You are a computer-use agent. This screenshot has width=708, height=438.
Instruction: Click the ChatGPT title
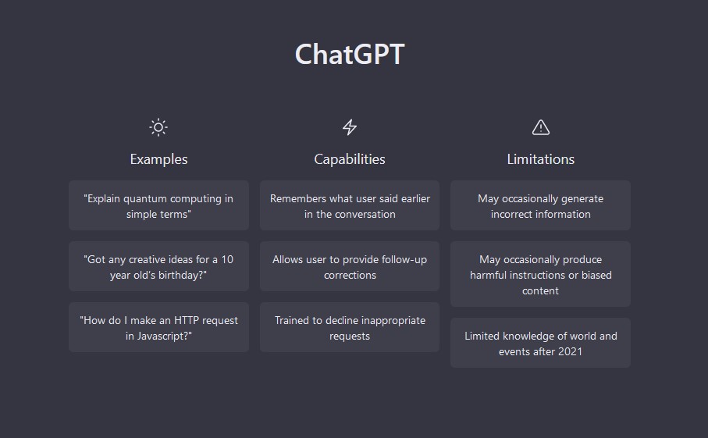(350, 54)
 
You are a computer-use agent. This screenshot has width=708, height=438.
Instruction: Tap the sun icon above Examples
(158, 127)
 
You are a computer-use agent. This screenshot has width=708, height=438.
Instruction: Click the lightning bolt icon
(350, 127)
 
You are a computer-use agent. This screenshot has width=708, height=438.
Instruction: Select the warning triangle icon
(540, 127)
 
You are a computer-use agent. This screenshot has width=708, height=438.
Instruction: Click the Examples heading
(158, 159)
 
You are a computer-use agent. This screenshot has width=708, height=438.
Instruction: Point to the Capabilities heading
(350, 159)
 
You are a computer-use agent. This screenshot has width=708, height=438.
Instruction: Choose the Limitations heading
(540, 159)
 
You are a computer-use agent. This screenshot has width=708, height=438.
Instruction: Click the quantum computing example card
(158, 205)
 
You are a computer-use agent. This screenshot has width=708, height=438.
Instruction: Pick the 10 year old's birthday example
(158, 266)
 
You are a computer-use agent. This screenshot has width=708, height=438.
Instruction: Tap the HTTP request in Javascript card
(158, 327)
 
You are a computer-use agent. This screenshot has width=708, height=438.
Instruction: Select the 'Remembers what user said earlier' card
(350, 205)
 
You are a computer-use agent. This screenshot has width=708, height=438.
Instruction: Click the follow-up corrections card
(350, 266)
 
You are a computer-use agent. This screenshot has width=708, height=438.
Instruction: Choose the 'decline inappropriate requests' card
(350, 327)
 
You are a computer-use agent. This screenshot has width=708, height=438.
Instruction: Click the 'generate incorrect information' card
(540, 205)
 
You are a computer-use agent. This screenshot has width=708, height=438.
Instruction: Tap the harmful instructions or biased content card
(540, 274)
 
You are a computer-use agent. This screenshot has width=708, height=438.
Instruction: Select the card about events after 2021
(540, 343)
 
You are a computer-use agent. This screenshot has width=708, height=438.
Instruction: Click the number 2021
(571, 352)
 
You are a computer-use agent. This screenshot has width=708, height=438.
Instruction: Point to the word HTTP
(187, 321)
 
